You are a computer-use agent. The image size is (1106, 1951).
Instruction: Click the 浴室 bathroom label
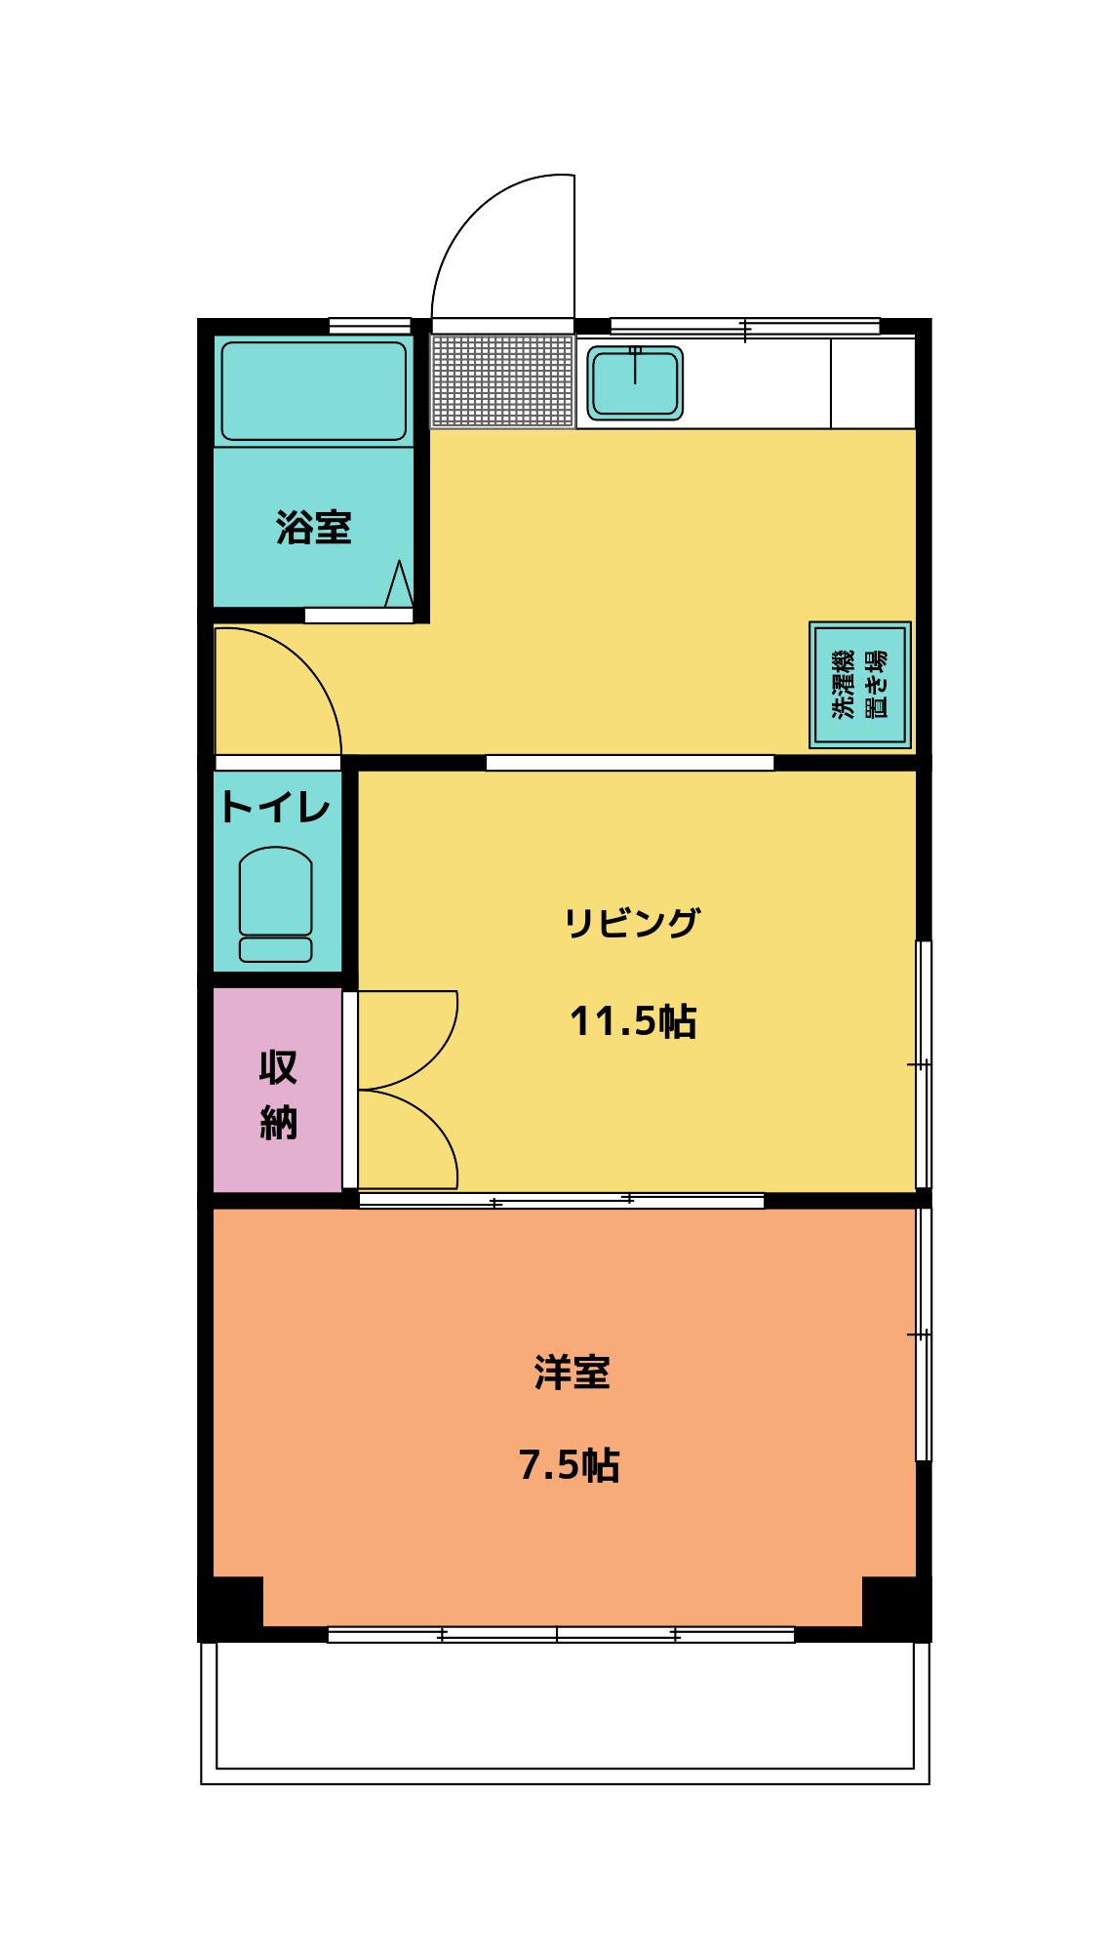click(x=313, y=528)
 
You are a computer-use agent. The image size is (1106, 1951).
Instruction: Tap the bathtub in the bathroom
click(x=313, y=391)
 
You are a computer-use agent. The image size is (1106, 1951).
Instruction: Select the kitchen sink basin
click(x=635, y=382)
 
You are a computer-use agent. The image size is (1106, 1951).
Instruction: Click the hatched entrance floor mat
click(x=502, y=380)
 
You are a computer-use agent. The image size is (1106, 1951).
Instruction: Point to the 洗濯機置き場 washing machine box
click(x=859, y=684)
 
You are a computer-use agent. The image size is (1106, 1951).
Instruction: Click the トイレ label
click(x=276, y=808)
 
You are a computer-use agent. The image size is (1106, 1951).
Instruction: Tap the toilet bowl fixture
click(x=276, y=904)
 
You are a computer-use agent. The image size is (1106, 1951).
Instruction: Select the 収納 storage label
click(x=278, y=1095)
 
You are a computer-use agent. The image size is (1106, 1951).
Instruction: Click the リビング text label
click(x=632, y=922)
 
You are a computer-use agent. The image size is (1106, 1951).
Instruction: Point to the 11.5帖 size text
click(x=632, y=1021)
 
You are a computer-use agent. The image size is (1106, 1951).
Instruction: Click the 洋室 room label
click(x=572, y=1373)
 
